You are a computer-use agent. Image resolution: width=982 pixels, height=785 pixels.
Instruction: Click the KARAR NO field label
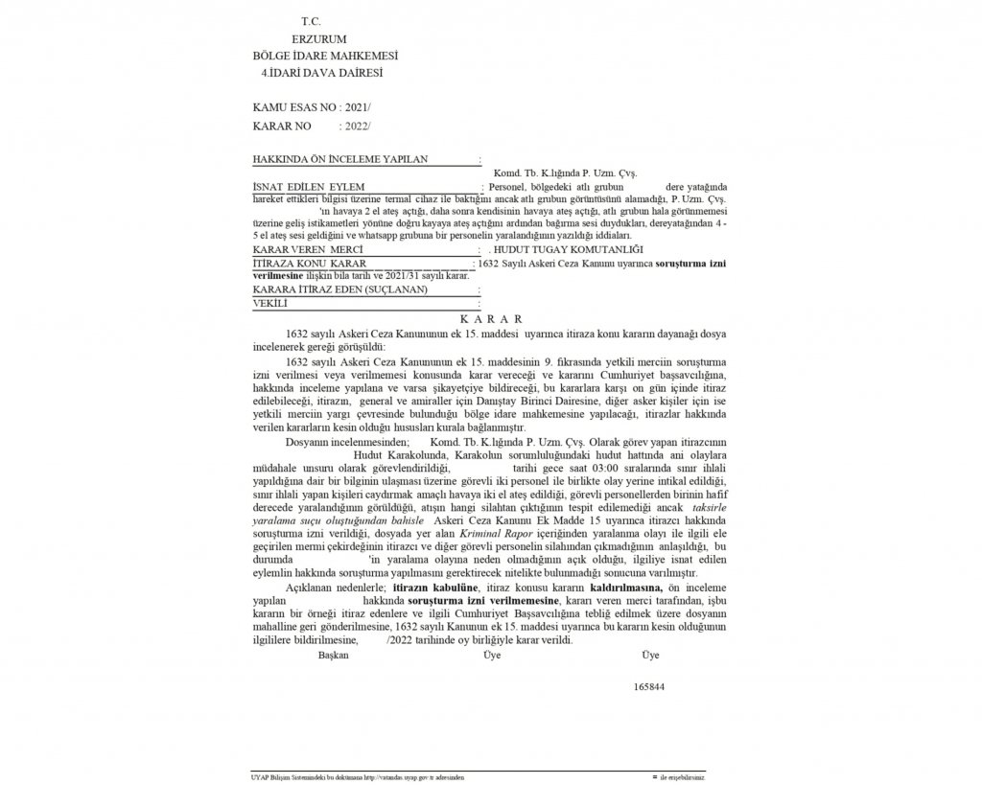click(x=285, y=126)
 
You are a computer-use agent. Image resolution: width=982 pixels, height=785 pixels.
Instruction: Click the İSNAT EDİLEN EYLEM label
click(x=311, y=185)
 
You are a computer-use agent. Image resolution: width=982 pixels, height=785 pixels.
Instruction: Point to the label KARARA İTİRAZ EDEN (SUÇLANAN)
click(x=339, y=289)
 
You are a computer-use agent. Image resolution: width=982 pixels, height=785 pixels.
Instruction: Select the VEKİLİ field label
click(x=271, y=302)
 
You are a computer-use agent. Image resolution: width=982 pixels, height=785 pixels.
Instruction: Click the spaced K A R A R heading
click(x=490, y=317)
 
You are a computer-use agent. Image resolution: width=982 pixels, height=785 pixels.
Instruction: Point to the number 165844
click(x=649, y=687)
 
